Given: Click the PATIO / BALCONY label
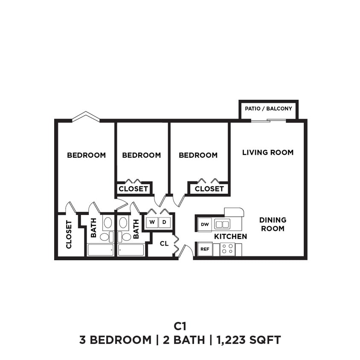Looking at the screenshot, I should (x=268, y=109).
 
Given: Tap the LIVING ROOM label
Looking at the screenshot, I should (x=268, y=152).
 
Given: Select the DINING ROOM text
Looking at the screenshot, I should (x=273, y=224).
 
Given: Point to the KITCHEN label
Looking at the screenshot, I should (x=230, y=236).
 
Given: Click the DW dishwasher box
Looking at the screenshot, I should (x=205, y=224).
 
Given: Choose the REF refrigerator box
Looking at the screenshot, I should (x=205, y=249).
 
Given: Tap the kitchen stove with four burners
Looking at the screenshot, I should (x=227, y=249).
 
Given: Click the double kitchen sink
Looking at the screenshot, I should (x=222, y=224).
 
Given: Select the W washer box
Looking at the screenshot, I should (x=152, y=222).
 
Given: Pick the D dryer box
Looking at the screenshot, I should (x=164, y=222).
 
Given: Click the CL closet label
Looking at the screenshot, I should (x=164, y=244).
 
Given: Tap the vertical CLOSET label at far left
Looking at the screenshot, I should (x=69, y=234).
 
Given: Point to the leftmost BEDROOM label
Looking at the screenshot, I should (x=86, y=155).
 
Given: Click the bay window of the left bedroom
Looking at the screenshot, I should (x=86, y=116).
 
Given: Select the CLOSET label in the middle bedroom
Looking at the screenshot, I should (x=133, y=189).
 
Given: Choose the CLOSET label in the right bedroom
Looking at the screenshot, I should (x=209, y=189).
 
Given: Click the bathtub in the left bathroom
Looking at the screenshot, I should (x=101, y=250).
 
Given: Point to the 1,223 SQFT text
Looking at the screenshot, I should (x=249, y=340).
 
